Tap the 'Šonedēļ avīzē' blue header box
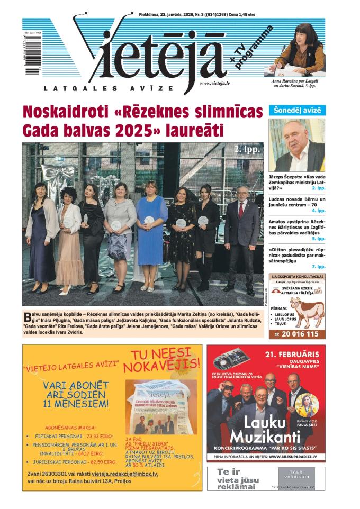pos(297,111)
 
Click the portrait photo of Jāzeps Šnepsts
pos(296,145)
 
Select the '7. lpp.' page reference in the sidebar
pos(318,267)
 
